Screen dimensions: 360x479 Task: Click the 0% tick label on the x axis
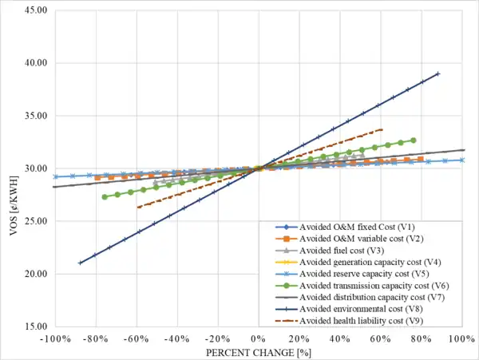(x=257, y=339)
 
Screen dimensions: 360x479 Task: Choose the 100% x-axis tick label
(x=463, y=339)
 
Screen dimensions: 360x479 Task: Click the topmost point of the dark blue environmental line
(x=438, y=73)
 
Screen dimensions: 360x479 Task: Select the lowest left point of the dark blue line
(x=79, y=263)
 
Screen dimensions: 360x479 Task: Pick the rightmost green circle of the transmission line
(x=413, y=140)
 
